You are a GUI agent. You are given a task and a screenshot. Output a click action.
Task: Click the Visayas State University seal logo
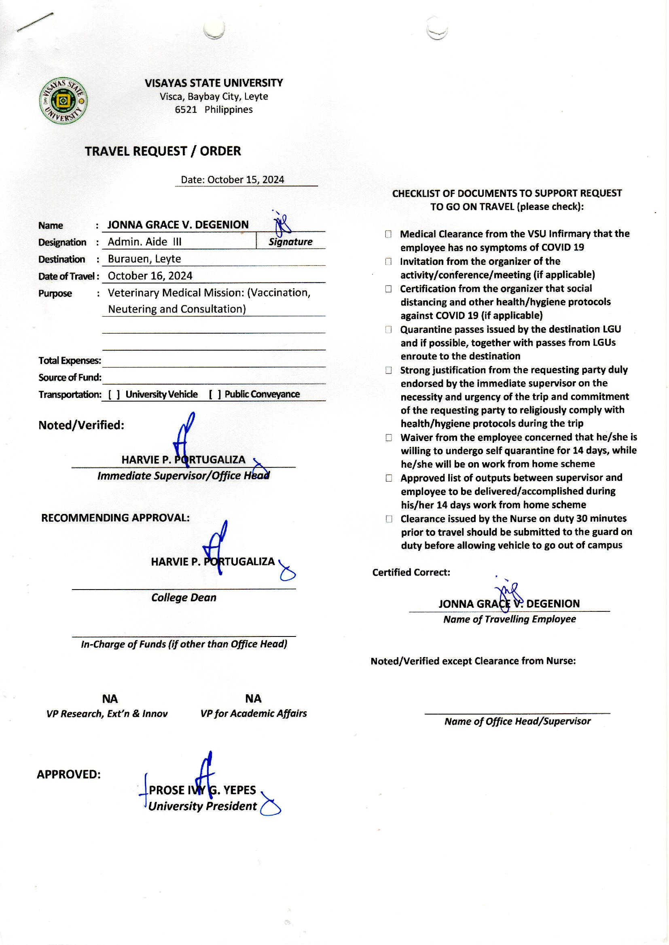click(x=63, y=100)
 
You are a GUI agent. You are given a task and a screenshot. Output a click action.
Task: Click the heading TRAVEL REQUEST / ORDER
click(x=163, y=151)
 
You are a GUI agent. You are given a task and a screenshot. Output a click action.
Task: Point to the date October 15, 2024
click(x=246, y=180)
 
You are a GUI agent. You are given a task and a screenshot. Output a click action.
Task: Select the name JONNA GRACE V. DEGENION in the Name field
click(x=178, y=225)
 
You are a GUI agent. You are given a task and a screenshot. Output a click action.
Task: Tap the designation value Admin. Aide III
click(x=144, y=242)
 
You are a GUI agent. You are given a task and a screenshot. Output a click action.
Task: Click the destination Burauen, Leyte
click(x=144, y=258)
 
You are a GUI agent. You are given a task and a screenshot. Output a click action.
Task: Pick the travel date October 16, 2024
click(x=150, y=276)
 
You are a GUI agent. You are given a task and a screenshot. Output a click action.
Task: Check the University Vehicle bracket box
click(x=114, y=395)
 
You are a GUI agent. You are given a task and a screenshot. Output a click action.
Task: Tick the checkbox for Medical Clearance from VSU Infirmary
click(x=388, y=234)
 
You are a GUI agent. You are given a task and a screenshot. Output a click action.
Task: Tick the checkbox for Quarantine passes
click(x=388, y=330)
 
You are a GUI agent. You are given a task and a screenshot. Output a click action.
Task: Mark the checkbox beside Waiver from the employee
click(x=388, y=437)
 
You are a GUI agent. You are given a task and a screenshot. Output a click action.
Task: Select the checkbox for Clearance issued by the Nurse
click(x=388, y=519)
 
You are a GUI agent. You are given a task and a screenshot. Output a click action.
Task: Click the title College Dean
click(x=184, y=598)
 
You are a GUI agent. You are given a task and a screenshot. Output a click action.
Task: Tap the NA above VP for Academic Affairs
click(x=253, y=699)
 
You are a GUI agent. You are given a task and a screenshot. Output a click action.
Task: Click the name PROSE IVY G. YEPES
click(x=202, y=790)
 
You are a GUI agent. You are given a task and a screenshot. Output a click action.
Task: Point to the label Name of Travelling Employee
click(x=509, y=619)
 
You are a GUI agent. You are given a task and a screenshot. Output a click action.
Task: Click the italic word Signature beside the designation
click(x=290, y=242)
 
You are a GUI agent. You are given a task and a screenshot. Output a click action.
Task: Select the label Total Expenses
click(x=70, y=361)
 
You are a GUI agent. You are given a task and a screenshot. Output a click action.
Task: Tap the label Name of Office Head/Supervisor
click(x=517, y=721)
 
